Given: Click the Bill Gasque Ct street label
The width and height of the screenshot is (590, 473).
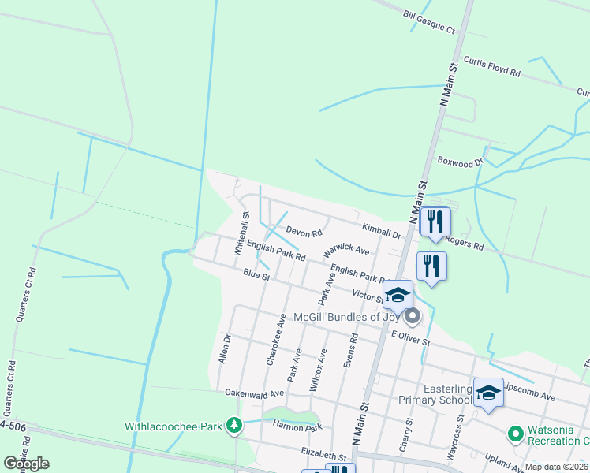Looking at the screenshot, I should point(429,22).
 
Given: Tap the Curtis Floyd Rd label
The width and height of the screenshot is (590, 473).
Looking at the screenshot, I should point(492,66).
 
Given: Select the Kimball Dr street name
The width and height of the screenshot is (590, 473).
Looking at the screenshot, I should point(382,231).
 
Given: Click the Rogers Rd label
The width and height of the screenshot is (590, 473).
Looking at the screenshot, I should point(464,243).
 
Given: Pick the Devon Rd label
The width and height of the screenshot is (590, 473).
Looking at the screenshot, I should point(304,233).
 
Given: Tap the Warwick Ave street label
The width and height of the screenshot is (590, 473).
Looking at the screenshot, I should point(345,250).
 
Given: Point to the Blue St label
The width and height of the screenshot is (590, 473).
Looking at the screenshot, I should point(256,275).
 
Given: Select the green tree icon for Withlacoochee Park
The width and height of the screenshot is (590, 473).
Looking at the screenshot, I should point(233,426).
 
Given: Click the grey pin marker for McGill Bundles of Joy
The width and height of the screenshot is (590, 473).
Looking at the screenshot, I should point(412,318).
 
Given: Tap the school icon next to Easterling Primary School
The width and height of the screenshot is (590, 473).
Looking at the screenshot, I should point(488,393).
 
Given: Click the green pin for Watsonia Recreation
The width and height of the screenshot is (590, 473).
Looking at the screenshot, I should point(516,434).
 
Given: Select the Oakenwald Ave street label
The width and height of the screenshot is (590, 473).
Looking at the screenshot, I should point(254,393).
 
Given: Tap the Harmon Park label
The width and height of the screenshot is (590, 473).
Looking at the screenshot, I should point(297,427).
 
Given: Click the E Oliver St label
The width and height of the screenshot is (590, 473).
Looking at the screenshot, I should point(410,338).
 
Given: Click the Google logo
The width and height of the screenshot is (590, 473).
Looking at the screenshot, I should point(26,463).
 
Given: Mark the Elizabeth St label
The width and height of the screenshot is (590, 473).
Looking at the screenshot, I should point(323,456).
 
